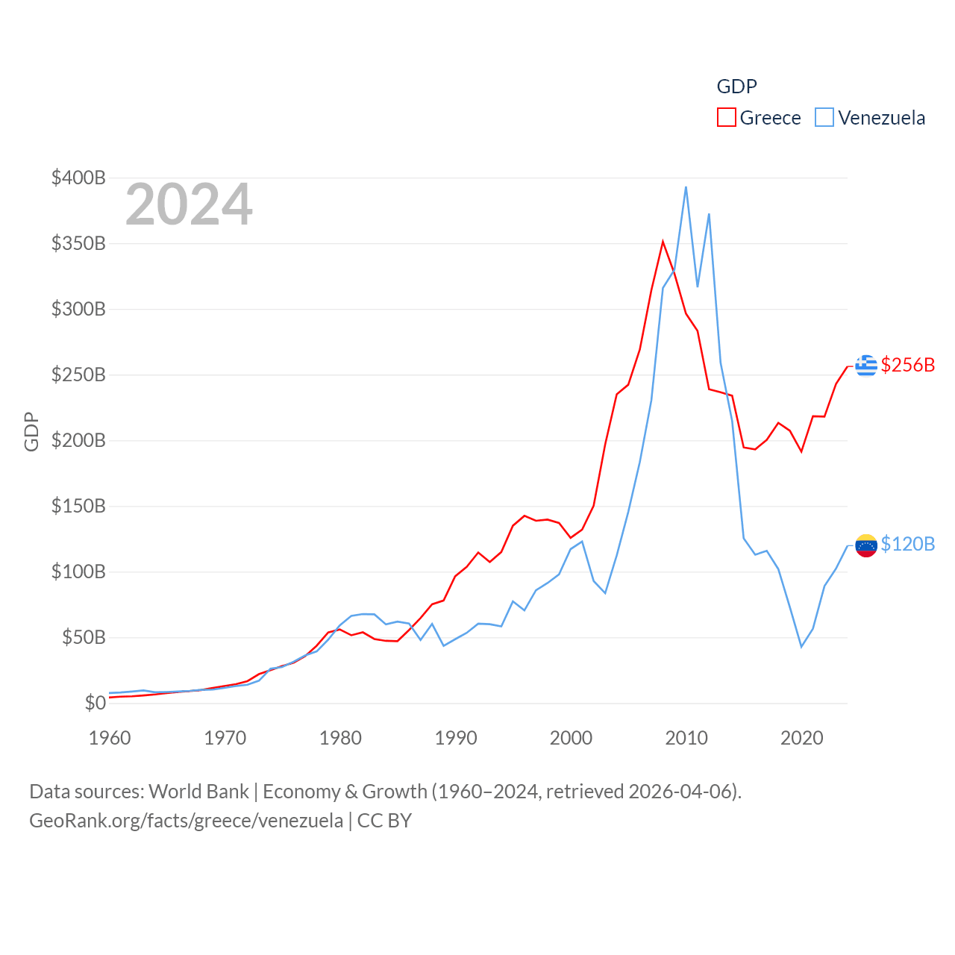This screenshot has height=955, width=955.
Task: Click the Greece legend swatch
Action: (726, 117)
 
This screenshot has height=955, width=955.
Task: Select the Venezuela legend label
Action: (881, 118)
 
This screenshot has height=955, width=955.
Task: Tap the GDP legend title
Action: (736, 87)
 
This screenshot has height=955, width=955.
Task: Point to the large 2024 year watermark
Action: (189, 204)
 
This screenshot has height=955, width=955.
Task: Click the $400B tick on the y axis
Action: (78, 178)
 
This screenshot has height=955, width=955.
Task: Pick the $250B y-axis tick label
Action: (78, 375)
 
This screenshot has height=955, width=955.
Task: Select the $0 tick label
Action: (95, 703)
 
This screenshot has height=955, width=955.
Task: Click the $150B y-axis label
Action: (78, 506)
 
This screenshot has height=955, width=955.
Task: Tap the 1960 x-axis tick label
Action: (110, 738)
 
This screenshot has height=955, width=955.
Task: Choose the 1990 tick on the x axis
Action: (456, 738)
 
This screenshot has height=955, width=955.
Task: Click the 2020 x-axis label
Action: (801, 738)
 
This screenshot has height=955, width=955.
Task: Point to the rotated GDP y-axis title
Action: (31, 431)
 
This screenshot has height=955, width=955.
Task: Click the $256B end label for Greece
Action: (907, 365)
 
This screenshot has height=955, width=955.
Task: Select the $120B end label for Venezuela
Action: (907, 544)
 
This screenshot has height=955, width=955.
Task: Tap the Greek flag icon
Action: (865, 366)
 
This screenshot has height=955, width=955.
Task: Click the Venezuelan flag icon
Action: (865, 545)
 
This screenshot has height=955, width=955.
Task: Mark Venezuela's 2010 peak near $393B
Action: (686, 187)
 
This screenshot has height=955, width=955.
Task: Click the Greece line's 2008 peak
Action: (663, 241)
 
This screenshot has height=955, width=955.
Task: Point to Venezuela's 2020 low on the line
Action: (801, 646)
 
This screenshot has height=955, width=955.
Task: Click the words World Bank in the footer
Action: (198, 791)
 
